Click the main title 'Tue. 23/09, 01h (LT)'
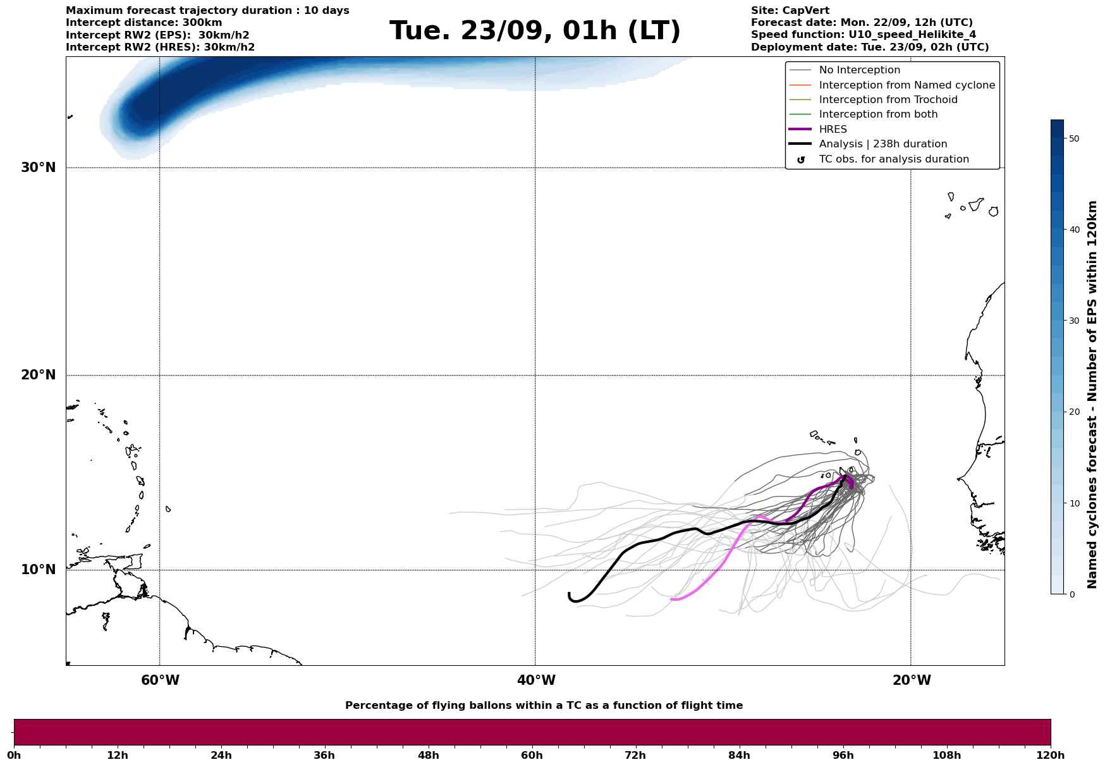(535, 31)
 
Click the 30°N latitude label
(38, 168)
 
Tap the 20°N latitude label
(38, 375)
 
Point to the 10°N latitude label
(38, 570)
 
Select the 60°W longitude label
(160, 680)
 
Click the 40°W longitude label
(536, 680)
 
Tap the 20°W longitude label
(912, 680)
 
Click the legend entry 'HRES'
(833, 130)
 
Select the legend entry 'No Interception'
(859, 70)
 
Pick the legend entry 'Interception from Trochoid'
(888, 100)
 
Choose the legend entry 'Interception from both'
(878, 114)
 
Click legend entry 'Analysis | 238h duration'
(882, 144)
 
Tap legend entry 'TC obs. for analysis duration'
(893, 159)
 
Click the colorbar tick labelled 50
(1073, 138)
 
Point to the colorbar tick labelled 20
(1073, 412)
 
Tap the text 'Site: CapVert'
(790, 11)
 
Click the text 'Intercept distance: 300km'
(143, 23)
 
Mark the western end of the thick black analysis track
(570, 594)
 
